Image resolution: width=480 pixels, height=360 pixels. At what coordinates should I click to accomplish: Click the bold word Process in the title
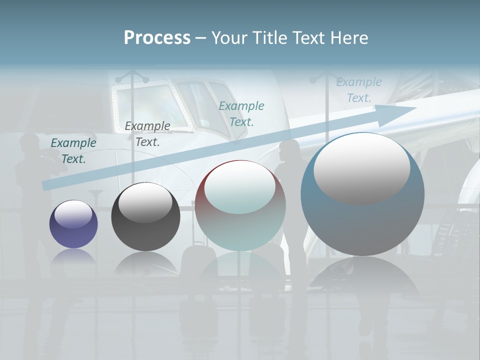click(x=157, y=37)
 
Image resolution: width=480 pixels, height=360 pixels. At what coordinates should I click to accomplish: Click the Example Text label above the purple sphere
click(x=73, y=151)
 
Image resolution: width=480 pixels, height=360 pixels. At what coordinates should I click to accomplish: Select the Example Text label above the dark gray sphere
click(x=147, y=134)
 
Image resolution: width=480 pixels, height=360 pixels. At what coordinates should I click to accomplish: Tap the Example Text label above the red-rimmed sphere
click(x=241, y=113)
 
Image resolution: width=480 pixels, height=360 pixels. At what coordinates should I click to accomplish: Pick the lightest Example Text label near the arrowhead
click(x=359, y=90)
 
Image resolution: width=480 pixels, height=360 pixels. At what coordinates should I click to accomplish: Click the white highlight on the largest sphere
click(x=361, y=167)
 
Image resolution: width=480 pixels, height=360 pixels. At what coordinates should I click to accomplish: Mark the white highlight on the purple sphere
click(x=73, y=214)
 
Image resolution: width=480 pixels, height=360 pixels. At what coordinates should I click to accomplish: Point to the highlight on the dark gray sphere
click(x=145, y=201)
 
